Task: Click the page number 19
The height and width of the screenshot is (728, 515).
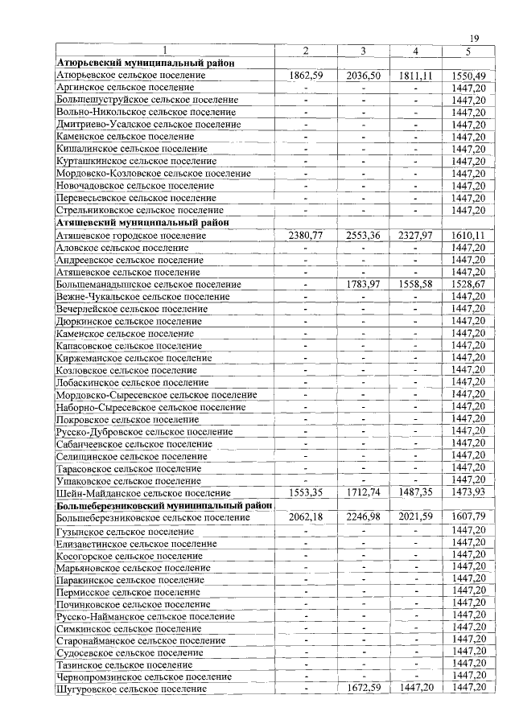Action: (x=474, y=39)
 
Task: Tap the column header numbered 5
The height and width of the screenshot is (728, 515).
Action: (x=468, y=51)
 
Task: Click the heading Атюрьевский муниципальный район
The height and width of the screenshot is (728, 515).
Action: (x=141, y=63)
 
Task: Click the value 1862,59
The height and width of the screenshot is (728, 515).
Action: (x=305, y=75)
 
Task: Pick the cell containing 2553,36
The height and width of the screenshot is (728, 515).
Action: (x=363, y=236)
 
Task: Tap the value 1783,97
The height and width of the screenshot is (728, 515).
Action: (x=363, y=284)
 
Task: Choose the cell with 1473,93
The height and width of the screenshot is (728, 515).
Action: (x=468, y=492)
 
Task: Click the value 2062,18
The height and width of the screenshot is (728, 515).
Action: (x=305, y=517)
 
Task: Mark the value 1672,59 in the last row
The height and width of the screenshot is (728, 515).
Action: (x=363, y=689)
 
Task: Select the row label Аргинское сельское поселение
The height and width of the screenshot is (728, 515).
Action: (x=125, y=87)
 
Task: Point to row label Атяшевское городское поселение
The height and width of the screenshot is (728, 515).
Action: (x=131, y=236)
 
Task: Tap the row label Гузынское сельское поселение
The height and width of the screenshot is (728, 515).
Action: (x=125, y=531)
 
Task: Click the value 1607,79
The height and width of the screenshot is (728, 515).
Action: (x=468, y=517)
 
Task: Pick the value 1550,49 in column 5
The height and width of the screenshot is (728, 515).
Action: (x=468, y=75)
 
